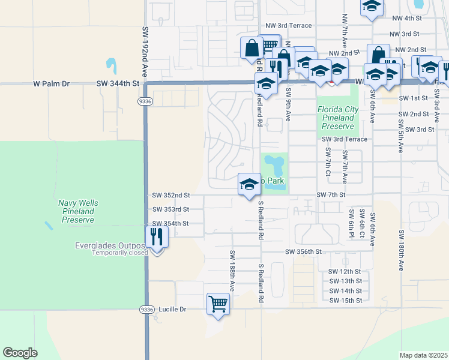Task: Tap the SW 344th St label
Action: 118,84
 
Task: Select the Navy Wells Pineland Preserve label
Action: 78,212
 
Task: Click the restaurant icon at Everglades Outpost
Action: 157,236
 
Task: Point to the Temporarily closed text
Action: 120,253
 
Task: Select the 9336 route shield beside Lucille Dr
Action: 145,309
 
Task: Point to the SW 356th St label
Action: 304,251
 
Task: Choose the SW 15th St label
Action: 345,300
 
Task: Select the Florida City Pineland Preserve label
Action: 337,118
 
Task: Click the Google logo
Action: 20,353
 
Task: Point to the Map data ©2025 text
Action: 423,355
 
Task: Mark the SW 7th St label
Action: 332,195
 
